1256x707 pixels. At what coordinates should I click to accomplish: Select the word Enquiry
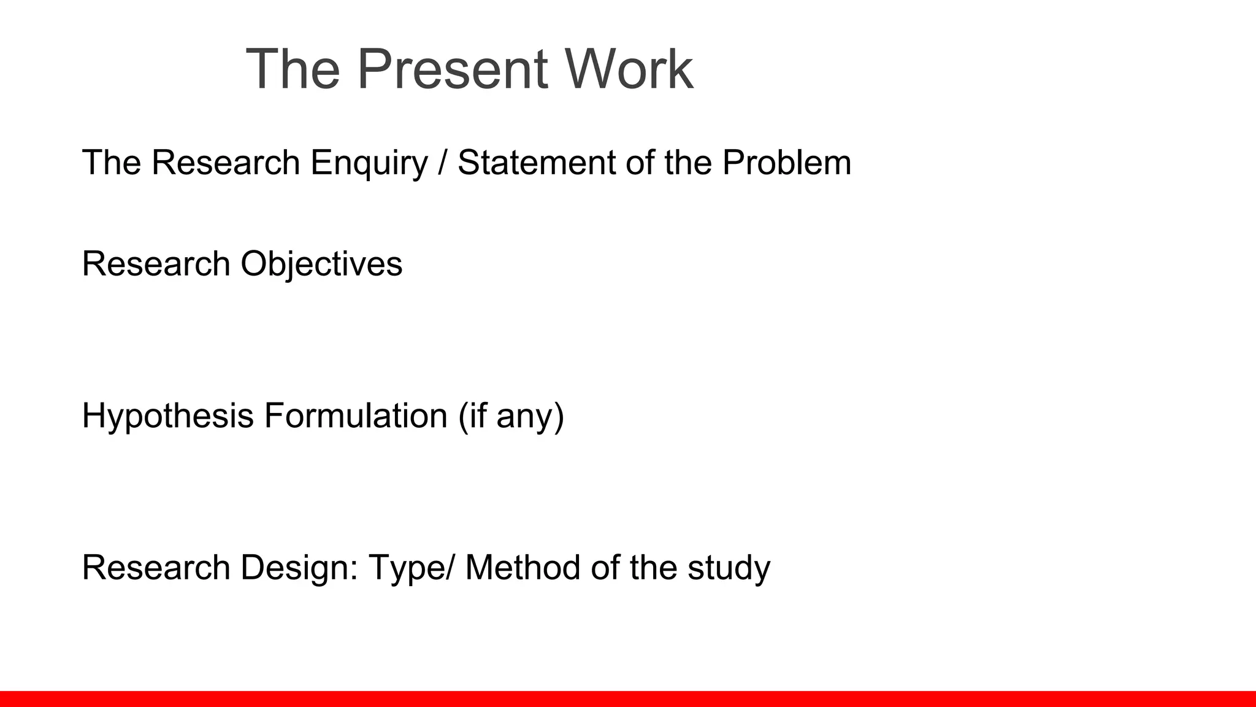click(369, 163)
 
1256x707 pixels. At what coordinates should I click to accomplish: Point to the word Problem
click(786, 163)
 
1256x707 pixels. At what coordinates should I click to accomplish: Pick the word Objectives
click(321, 265)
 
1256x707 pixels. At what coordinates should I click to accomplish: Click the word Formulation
click(356, 415)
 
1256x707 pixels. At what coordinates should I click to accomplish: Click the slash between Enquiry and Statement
click(442, 163)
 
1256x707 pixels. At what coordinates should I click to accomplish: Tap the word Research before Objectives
click(156, 265)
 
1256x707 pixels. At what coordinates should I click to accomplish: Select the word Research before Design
click(156, 568)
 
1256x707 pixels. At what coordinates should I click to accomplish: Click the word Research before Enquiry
click(225, 163)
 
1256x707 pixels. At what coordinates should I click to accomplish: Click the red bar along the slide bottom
click(628, 698)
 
